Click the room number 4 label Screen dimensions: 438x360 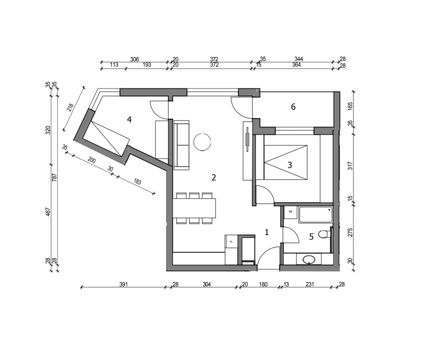(x=129, y=120)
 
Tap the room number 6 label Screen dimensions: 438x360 (x=293, y=107)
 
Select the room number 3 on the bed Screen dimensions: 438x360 (x=290, y=165)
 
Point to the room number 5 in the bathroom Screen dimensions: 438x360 (x=311, y=237)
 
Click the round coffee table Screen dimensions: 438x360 (x=202, y=142)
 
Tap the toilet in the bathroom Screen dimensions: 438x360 (x=324, y=234)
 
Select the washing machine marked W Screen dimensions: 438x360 (x=291, y=213)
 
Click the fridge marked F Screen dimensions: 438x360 (x=231, y=241)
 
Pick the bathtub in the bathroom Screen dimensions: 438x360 (x=315, y=215)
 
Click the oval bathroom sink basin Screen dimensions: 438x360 (x=309, y=259)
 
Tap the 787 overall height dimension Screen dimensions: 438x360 (x=55, y=178)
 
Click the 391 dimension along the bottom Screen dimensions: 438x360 (x=123, y=284)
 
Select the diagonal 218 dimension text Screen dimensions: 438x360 (x=71, y=108)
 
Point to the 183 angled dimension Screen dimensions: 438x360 (x=137, y=181)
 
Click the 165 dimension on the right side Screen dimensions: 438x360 (x=350, y=106)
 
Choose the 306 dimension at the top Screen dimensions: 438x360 (x=134, y=59)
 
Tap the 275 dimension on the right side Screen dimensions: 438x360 (x=350, y=233)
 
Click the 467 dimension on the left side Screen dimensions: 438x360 (x=48, y=212)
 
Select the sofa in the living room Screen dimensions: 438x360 (x=182, y=145)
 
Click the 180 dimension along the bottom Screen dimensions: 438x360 (x=263, y=284)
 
